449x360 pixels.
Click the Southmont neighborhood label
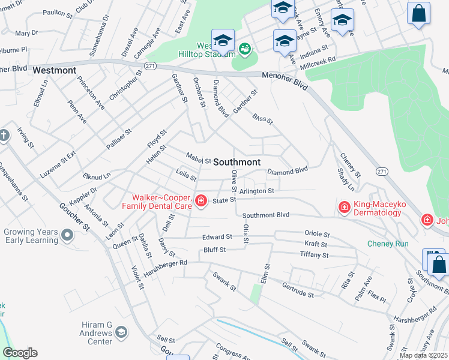pos(237,162)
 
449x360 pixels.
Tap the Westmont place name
pos(55,70)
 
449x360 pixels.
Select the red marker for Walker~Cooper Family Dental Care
pos(201,200)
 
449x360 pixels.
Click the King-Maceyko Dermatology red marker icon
pos(345,208)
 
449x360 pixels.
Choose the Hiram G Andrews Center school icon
pos(122,332)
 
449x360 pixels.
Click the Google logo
pos(20,353)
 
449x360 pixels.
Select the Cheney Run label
pos(388,244)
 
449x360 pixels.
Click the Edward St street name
pos(217,237)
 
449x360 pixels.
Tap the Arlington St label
pos(256,191)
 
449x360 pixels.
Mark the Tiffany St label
pos(314,255)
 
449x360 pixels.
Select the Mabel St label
pos(198,160)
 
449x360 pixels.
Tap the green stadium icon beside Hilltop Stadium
pos(244,49)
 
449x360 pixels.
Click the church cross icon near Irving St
pos(3,136)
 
